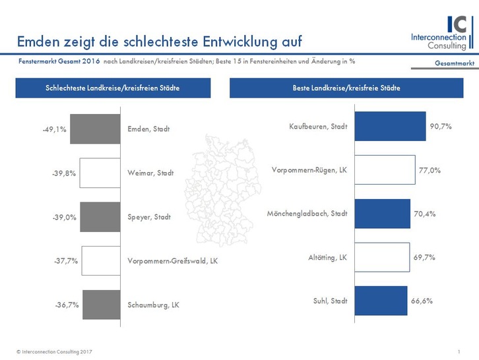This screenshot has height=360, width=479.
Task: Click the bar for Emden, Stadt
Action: [x=94, y=129]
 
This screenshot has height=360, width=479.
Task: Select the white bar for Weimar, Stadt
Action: [x=100, y=173]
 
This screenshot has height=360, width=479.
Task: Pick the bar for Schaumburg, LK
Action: [x=102, y=305]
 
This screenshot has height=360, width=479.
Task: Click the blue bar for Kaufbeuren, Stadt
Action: [x=390, y=127]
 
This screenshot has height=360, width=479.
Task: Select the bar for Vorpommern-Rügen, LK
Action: [x=385, y=170]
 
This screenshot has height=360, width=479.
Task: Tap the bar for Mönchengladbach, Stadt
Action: [x=383, y=214]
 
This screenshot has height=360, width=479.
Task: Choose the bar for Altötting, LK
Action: [x=382, y=257]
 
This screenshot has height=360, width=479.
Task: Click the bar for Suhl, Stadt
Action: [x=381, y=301]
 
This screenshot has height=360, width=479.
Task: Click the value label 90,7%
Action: [x=441, y=127]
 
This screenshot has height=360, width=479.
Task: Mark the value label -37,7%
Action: [x=66, y=261]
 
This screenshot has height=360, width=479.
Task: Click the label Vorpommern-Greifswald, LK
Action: [x=172, y=261]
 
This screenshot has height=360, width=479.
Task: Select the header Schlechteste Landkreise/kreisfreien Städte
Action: [x=113, y=88]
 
